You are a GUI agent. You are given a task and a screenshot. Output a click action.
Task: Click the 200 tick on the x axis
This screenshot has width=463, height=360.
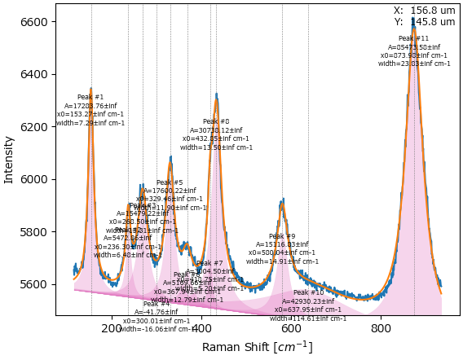point(112,328)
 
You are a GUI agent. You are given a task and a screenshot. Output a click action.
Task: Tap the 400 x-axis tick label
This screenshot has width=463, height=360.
point(202,328)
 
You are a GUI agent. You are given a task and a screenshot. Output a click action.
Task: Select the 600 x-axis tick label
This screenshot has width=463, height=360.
point(292,328)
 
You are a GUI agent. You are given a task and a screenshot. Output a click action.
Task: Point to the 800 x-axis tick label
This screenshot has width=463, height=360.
point(381,328)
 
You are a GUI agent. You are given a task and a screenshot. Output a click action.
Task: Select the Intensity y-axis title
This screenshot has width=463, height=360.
point(10,159)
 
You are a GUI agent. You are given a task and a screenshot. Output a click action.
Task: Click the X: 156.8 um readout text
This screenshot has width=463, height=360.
point(424,11)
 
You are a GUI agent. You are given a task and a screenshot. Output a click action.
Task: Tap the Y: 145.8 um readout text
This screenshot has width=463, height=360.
point(424,22)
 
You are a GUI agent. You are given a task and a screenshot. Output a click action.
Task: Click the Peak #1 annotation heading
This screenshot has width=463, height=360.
point(90,97)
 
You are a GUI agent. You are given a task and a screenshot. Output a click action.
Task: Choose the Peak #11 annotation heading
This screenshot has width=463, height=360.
point(413,38)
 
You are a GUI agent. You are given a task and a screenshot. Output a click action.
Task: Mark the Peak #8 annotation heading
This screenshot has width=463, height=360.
point(216,121)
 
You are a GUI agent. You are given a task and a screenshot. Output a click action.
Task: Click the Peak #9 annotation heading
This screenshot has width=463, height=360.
point(282,236)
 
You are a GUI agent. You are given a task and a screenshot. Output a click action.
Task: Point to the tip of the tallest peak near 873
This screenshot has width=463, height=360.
point(413,20)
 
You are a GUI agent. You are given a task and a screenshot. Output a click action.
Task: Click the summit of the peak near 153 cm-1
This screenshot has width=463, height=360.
point(90,88)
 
